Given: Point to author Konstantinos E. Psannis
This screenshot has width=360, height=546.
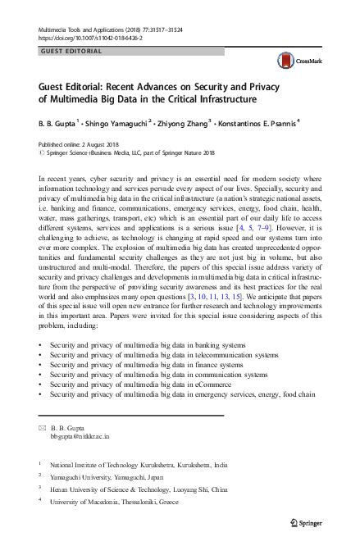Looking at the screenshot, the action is pos(256,121).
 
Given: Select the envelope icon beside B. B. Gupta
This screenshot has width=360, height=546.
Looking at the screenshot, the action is pos(43,427).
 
